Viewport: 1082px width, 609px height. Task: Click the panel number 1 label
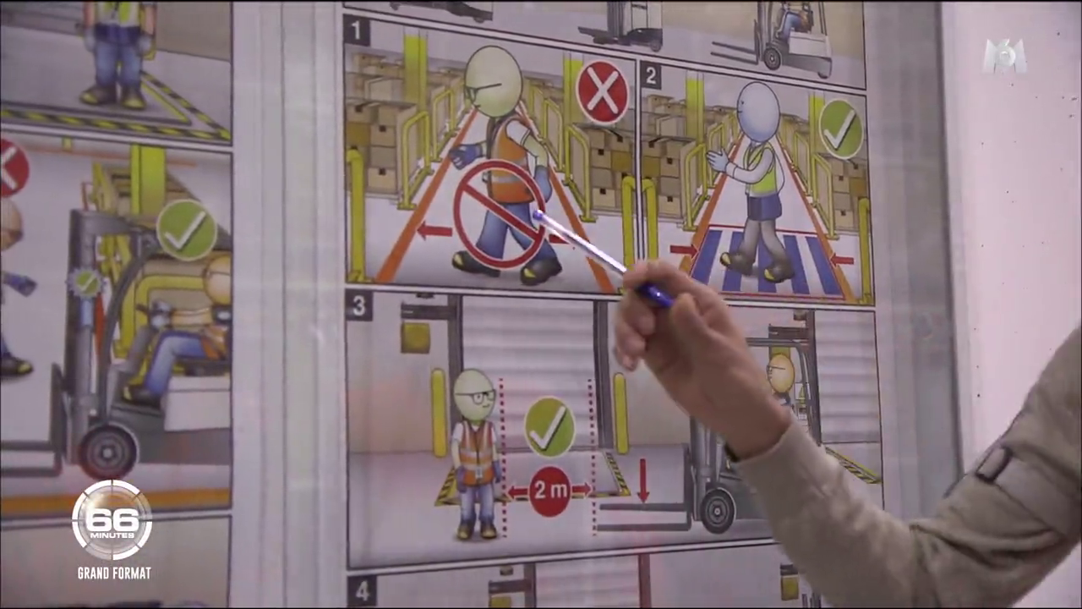(357, 31)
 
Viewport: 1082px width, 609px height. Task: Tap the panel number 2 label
(651, 76)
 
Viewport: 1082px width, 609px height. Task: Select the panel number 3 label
(359, 305)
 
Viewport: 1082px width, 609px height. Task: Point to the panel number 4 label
(361, 590)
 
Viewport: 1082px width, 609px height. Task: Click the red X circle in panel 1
(603, 92)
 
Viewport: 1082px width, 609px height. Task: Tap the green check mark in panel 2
(841, 130)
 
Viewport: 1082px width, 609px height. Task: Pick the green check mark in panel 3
(549, 427)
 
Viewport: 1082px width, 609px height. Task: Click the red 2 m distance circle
(550, 491)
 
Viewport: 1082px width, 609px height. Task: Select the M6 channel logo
(1006, 57)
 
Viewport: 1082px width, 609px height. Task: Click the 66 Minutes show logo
(112, 521)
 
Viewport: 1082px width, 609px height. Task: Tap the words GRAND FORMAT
(114, 573)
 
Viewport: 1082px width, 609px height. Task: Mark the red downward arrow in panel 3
(643, 480)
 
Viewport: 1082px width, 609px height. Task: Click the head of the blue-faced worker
(759, 112)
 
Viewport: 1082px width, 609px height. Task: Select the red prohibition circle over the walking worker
(500, 215)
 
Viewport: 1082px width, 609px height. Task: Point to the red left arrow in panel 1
(434, 231)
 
